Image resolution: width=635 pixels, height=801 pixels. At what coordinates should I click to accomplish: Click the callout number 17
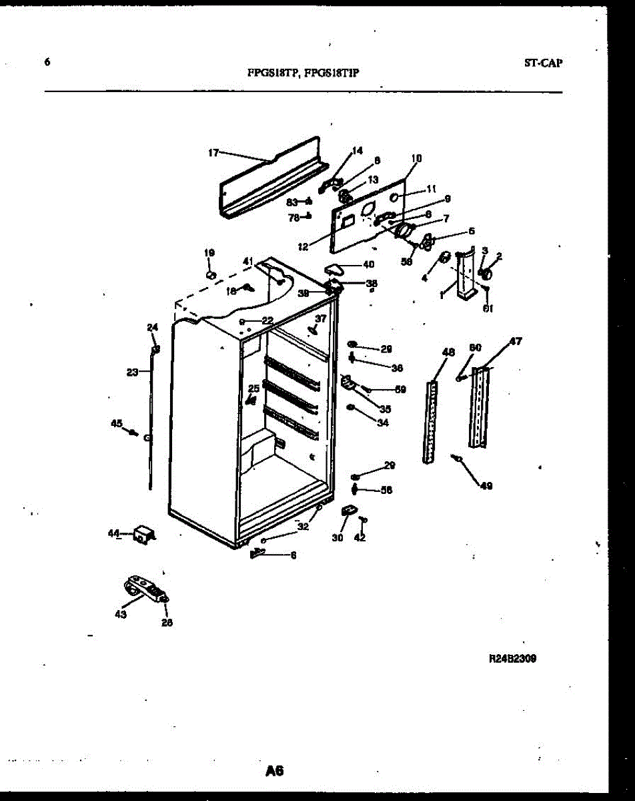(x=213, y=153)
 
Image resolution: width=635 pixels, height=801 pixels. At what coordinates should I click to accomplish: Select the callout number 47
(x=516, y=341)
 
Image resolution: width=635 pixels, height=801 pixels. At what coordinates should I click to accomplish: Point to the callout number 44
(x=113, y=533)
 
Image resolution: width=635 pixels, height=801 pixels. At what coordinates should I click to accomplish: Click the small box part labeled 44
(x=143, y=534)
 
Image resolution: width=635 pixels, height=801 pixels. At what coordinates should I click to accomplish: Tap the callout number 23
(x=131, y=372)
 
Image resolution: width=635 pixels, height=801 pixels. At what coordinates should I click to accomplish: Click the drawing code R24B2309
(x=513, y=657)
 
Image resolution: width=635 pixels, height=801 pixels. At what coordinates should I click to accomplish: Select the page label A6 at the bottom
(x=274, y=771)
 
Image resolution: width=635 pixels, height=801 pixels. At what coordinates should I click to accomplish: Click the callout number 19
(x=209, y=253)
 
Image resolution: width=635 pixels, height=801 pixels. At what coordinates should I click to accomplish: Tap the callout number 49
(x=486, y=486)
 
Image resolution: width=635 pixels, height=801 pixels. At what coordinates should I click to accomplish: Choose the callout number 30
(x=338, y=538)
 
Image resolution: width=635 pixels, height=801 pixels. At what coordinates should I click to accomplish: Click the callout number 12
(x=303, y=246)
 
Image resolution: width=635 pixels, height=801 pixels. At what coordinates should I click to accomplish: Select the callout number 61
(x=488, y=308)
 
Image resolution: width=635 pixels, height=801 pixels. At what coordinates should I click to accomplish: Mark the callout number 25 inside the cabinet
(x=253, y=388)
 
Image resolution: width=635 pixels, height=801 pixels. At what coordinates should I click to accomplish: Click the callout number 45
(x=117, y=423)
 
